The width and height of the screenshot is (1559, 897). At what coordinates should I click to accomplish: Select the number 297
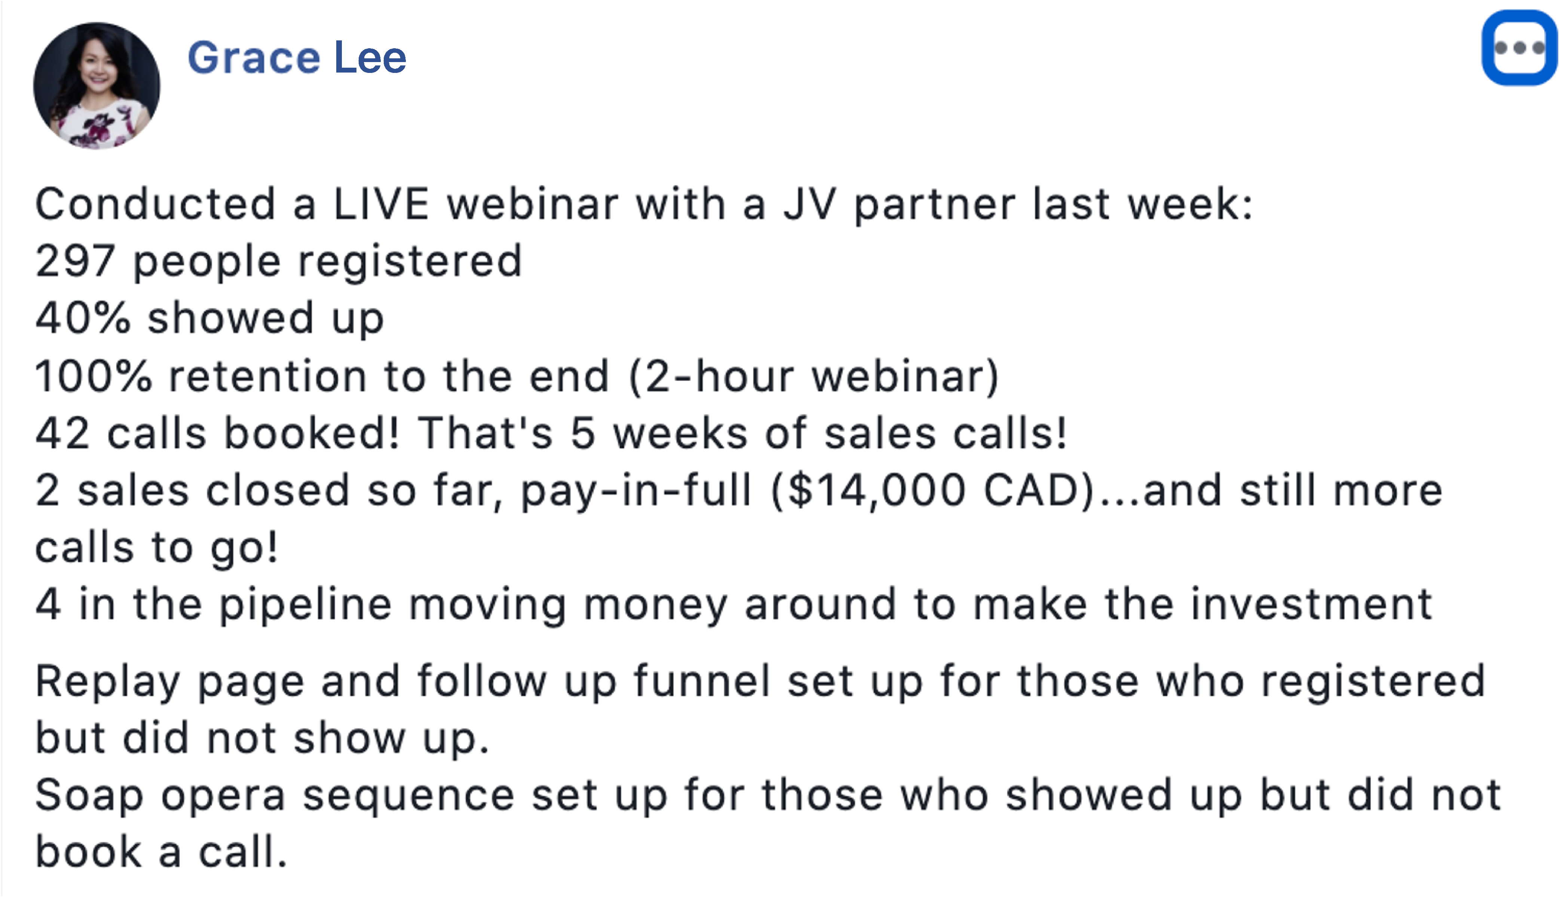coord(75,261)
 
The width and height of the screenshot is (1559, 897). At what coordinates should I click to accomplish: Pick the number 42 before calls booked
coord(62,433)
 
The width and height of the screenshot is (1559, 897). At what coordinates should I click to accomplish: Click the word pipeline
coord(306,605)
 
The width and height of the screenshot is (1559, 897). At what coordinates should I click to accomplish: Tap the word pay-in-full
coord(636,491)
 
